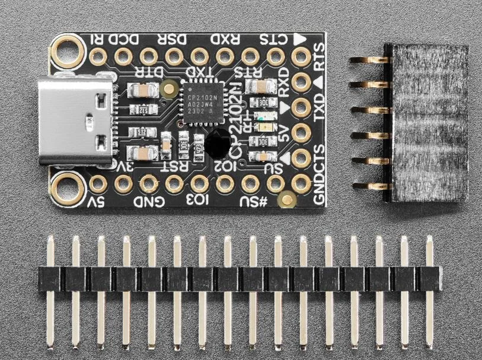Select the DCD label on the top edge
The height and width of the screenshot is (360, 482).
tap(128, 40)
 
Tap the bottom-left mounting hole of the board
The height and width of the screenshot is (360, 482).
tap(69, 184)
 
